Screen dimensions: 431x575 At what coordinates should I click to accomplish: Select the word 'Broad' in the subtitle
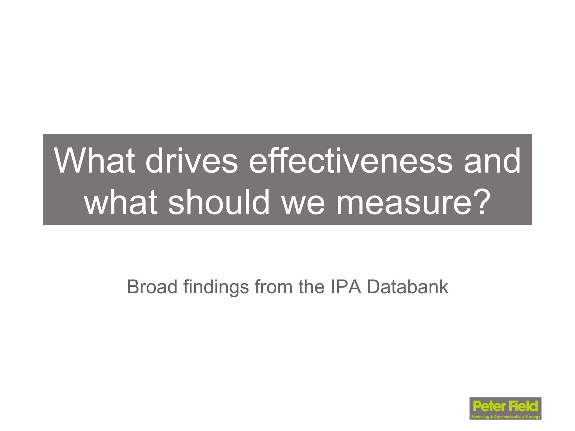tap(152, 287)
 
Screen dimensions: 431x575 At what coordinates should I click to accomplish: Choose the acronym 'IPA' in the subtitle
tap(346, 287)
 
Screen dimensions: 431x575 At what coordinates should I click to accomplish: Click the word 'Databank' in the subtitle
tap(407, 287)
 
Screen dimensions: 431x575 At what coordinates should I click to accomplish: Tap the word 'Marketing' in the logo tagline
tap(480, 417)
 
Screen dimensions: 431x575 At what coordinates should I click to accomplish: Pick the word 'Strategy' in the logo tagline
tap(533, 417)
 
